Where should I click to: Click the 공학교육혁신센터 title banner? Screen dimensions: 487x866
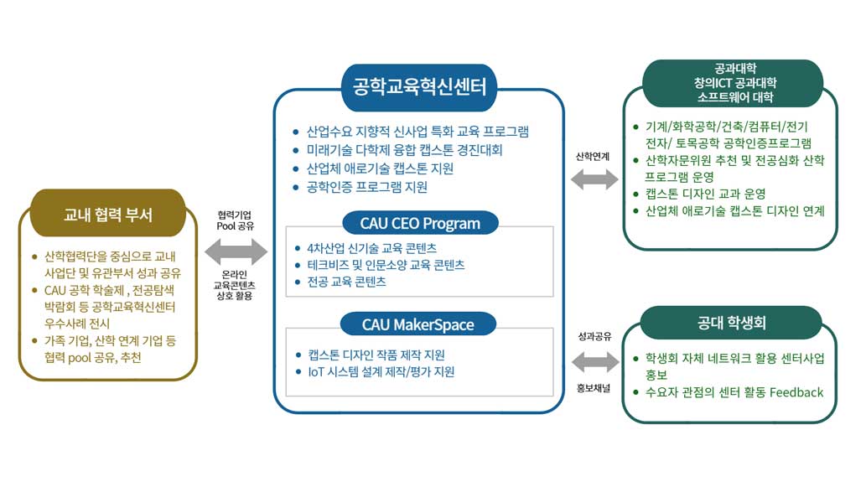419,86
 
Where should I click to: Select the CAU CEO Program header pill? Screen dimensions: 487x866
420,223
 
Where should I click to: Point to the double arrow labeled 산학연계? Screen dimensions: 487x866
594,179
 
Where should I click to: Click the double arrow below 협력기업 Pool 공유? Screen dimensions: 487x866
235,250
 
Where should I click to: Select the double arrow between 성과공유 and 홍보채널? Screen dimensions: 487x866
594,361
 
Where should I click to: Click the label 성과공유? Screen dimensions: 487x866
594,336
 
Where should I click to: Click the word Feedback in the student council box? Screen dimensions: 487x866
796,392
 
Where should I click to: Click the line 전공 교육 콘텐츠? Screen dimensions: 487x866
346,282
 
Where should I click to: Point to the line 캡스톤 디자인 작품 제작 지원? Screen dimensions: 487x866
376,355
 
